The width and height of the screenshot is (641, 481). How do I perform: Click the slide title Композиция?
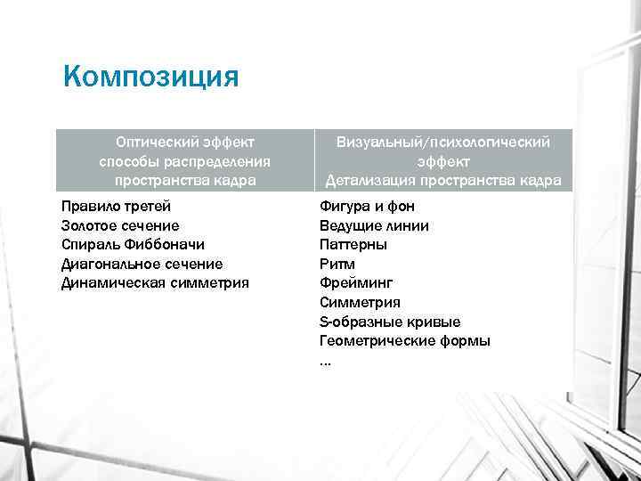tap(151, 75)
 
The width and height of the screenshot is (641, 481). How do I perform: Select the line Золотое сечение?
tap(120, 226)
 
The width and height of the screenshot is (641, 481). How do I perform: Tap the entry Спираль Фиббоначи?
tap(134, 245)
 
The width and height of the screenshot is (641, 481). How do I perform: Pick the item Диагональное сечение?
tap(142, 265)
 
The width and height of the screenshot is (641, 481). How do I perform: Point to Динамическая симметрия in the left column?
tap(155, 283)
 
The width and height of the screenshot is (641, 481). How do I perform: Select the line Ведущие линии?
tap(374, 226)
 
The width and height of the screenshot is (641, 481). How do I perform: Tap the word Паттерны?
tap(353, 245)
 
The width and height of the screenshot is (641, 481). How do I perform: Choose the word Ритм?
tap(337, 265)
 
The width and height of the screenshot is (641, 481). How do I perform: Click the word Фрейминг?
tap(355, 283)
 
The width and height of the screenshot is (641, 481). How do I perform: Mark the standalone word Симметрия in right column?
tap(360, 303)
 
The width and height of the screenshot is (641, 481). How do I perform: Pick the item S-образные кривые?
tap(390, 322)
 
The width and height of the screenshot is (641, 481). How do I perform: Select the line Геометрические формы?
tap(405, 341)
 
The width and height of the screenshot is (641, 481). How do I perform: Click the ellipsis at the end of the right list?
tap(325, 361)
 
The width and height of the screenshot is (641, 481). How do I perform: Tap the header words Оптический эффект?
tap(185, 142)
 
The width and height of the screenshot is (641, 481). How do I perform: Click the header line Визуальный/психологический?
tap(442, 142)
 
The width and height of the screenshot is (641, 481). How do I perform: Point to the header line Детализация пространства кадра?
tap(442, 181)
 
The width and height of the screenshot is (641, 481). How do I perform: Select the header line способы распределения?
tap(185, 161)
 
